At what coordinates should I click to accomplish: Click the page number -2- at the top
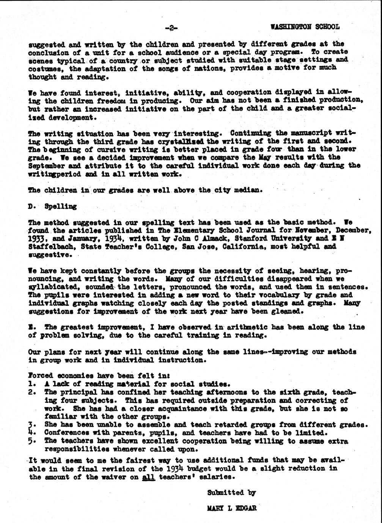pyautogui.click(x=171, y=27)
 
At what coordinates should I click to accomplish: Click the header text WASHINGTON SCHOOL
pyautogui.click(x=305, y=27)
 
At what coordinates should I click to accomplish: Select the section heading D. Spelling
pyautogui.click(x=52, y=207)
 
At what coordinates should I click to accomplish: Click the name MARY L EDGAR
pyautogui.click(x=231, y=508)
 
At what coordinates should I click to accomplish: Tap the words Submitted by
pyautogui.click(x=231, y=493)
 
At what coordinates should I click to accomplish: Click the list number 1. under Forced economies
pyautogui.click(x=32, y=384)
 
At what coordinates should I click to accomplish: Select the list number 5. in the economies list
pyautogui.click(x=32, y=441)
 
